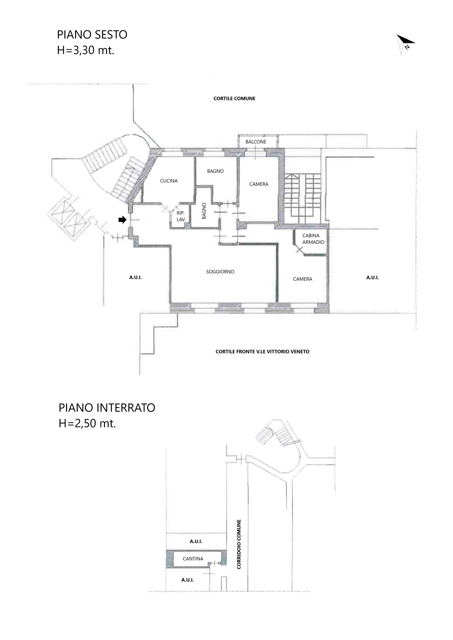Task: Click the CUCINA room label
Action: coord(169,181)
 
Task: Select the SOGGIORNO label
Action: coord(220,272)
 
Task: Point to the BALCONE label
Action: coord(256,142)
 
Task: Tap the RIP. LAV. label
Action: coord(181,216)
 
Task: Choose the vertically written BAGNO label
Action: coord(204,211)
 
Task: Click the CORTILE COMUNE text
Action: coord(234,98)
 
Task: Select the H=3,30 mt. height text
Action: coord(86,50)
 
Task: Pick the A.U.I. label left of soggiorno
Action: coord(136,278)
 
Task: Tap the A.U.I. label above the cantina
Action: coord(196,541)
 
